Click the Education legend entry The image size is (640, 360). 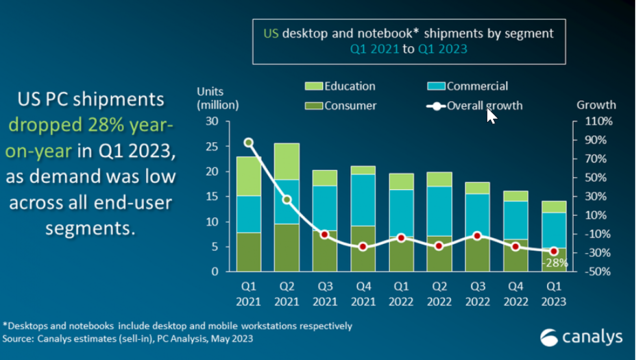click(340, 86)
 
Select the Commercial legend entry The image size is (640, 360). click(467, 86)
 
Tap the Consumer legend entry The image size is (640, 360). click(340, 105)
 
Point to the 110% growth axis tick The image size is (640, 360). click(595, 121)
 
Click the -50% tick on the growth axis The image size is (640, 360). click(595, 271)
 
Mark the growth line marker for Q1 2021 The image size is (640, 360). click(248, 142)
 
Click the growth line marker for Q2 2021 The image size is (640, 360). click(286, 199)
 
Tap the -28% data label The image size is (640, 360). click(556, 263)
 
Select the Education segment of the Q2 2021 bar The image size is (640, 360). click(286, 161)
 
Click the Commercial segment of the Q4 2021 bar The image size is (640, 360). click(363, 200)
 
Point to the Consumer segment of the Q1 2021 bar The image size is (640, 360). click(248, 252)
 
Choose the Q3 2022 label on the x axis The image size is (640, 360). click(477, 294)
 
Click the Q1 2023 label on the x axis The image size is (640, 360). click(553, 294)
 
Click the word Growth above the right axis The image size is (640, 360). click(596, 105)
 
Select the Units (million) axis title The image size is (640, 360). click(217, 98)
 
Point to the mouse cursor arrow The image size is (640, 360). click(491, 116)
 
